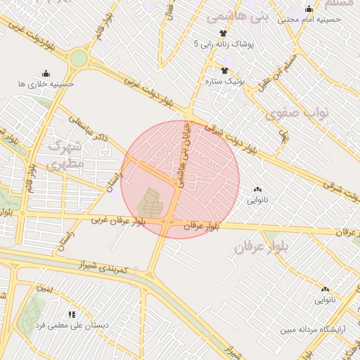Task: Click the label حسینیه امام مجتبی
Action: click(309, 20)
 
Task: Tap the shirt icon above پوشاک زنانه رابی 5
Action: click(224, 32)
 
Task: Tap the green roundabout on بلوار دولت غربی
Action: click(79, 58)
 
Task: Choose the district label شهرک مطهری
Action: click(65, 155)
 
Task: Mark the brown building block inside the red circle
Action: click(149, 203)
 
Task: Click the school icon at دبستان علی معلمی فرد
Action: click(71, 314)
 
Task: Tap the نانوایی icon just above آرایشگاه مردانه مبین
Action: click(325, 289)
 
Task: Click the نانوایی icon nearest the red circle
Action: click(257, 189)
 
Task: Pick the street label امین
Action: click(44, 290)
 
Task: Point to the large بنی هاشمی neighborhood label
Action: click(231, 13)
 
